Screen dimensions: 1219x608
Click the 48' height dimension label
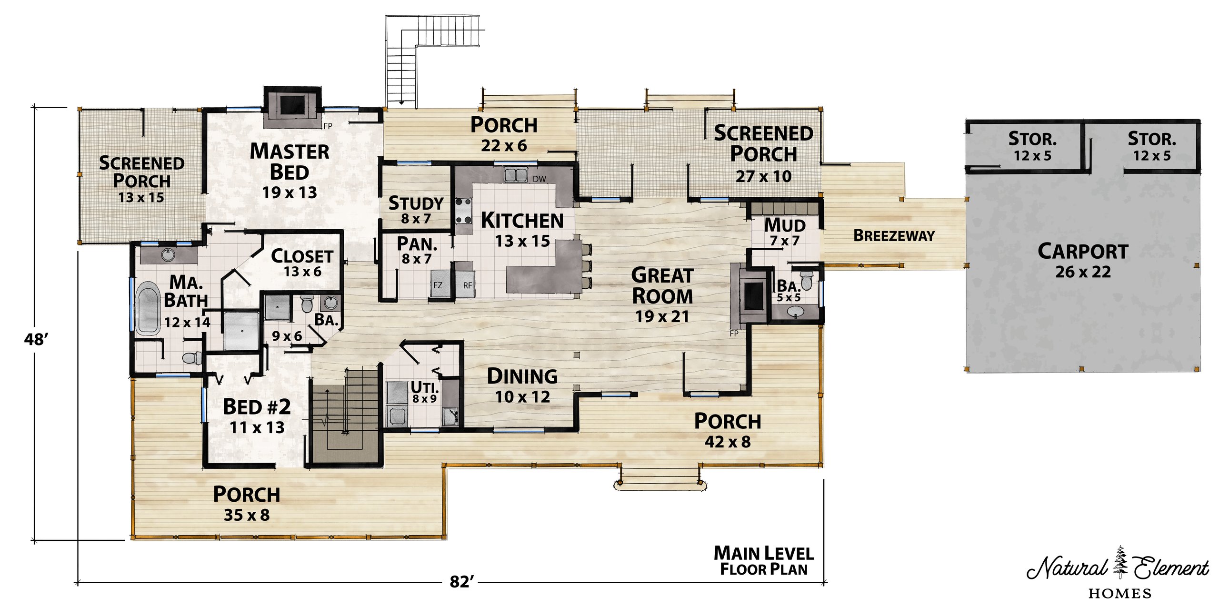[36, 339]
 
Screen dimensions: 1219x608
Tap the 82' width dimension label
[462, 582]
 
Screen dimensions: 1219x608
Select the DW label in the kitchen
[540, 179]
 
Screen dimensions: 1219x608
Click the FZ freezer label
[438, 285]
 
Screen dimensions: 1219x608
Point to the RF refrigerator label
[468, 285]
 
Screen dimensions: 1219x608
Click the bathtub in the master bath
[148, 308]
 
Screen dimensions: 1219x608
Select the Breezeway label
[894, 235]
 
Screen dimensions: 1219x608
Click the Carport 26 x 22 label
[1083, 261]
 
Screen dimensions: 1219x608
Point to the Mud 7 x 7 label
[785, 232]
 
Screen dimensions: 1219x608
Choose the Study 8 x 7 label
[416, 210]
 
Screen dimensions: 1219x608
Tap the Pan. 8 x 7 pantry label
[417, 250]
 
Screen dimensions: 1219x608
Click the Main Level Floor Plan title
[764, 561]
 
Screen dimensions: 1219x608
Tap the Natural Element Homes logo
[1118, 572]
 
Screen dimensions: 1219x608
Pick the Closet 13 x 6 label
[302, 263]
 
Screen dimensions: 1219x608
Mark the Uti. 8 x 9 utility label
[425, 392]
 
